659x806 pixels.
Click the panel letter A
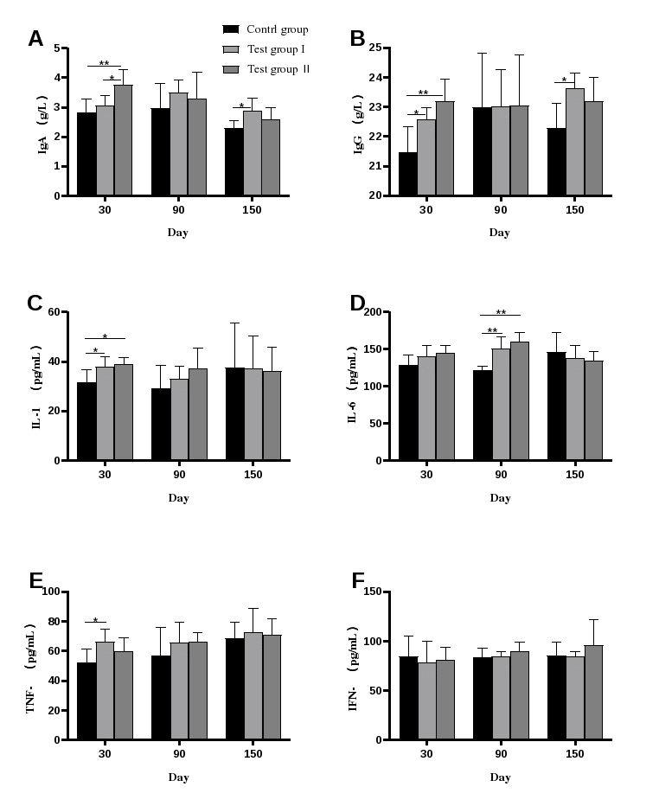coord(35,38)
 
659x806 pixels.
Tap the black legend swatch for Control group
coord(231,29)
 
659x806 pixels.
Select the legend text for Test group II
coord(278,69)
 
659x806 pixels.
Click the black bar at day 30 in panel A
coord(86,154)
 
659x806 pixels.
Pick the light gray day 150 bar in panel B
coord(574,142)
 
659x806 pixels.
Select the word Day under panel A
coord(178,233)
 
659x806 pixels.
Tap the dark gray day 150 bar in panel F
coord(593,693)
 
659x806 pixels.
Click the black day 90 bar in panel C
coord(160,425)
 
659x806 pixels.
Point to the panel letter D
coord(357,304)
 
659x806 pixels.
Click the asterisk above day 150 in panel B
coord(564,80)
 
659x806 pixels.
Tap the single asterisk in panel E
coord(95,620)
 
